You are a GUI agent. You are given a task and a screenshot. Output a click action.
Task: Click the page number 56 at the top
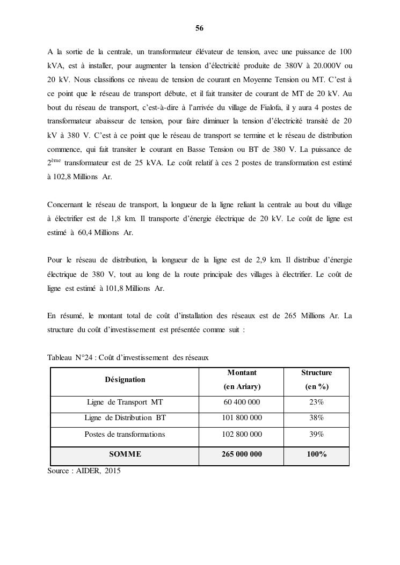click(x=199, y=28)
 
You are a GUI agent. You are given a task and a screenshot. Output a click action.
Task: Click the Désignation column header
click(x=125, y=379)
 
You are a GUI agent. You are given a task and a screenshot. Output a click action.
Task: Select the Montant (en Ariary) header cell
click(x=242, y=379)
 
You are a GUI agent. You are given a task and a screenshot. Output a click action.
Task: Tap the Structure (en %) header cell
click(x=316, y=379)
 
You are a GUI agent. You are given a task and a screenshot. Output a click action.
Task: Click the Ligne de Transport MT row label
click(x=125, y=402)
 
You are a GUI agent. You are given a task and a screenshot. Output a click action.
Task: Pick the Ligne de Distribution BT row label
click(x=125, y=418)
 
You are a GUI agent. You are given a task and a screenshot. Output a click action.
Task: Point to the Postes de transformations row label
click(x=125, y=434)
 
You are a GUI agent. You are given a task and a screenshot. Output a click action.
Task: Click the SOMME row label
click(x=125, y=454)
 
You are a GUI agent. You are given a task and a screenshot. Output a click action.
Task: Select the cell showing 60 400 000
click(x=242, y=402)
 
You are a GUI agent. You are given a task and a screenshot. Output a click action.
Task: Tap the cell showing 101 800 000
click(x=242, y=418)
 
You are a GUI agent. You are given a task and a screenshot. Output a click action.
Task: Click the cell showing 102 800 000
click(x=242, y=434)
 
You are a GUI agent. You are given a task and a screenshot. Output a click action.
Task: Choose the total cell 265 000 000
click(x=242, y=454)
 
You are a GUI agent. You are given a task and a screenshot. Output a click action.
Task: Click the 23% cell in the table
click(x=316, y=402)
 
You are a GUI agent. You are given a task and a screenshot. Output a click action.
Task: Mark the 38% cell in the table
click(x=316, y=418)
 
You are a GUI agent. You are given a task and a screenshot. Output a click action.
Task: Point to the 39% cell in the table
click(x=316, y=434)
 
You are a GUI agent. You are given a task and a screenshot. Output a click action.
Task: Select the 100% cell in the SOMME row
click(x=316, y=454)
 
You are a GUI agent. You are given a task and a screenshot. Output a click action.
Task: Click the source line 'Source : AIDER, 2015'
click(x=84, y=471)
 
